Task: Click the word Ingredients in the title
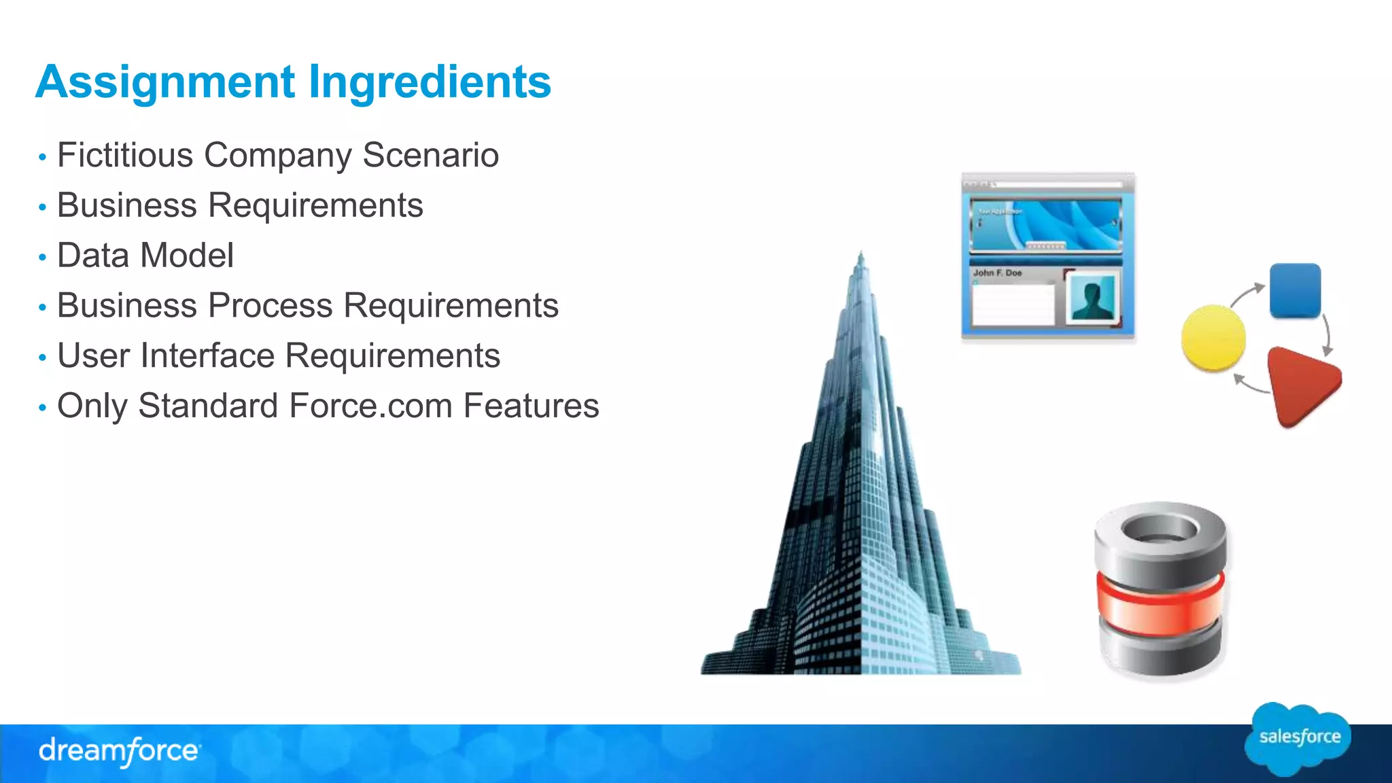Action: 430,82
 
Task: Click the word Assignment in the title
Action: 165,82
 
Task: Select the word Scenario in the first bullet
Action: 430,155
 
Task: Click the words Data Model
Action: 145,256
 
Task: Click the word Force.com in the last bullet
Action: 370,406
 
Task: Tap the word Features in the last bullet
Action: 531,406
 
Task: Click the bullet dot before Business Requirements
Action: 42,207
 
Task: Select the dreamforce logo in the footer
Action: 120,751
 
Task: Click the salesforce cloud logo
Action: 1299,738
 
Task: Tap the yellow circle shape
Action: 1213,338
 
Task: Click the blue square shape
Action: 1295,290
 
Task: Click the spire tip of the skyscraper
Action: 861,256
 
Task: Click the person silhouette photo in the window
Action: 1092,299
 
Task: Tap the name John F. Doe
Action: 997,273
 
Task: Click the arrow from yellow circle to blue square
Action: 1246,294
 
